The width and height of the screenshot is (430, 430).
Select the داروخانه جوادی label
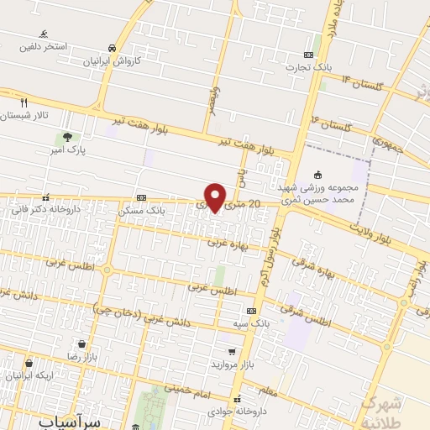244,412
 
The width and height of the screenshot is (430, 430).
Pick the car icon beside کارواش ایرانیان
112,48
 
